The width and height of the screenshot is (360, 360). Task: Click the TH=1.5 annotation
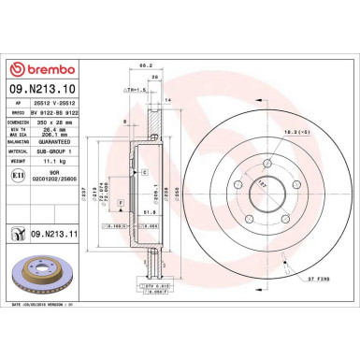[x=135, y=89]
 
